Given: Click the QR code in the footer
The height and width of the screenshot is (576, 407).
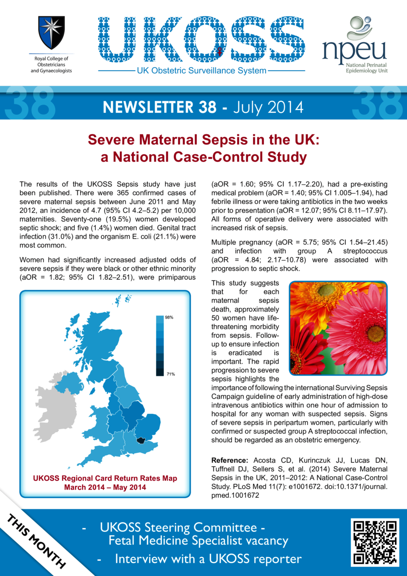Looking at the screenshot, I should coord(376,541).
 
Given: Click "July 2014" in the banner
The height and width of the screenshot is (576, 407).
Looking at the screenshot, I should coord(268,107).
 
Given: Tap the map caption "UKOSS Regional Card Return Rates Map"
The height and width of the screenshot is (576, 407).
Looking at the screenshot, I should coord(105,478).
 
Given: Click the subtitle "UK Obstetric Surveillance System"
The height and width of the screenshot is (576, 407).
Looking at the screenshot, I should coord(202,71).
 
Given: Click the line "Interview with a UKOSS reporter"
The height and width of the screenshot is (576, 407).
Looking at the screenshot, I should coord(208,559).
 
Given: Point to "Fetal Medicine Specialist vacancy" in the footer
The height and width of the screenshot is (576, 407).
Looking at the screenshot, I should coord(199,541).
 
